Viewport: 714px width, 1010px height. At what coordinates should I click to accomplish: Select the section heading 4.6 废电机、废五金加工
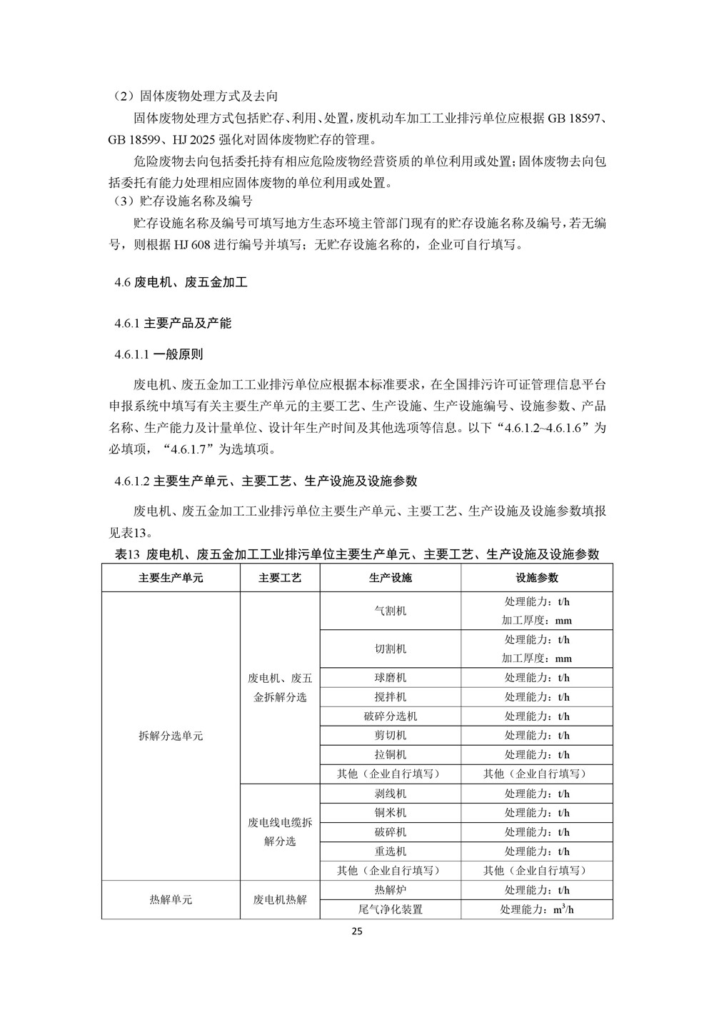click(x=181, y=282)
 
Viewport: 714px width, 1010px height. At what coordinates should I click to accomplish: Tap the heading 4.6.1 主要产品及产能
click(x=173, y=324)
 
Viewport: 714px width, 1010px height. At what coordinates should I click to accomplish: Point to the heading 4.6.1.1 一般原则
click(x=159, y=354)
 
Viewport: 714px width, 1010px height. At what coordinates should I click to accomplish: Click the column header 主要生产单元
click(x=171, y=578)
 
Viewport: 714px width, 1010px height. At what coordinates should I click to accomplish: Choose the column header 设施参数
click(x=537, y=578)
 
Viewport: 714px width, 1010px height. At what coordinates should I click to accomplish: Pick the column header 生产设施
click(x=391, y=578)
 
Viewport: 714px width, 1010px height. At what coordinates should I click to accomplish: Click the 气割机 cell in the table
click(x=391, y=611)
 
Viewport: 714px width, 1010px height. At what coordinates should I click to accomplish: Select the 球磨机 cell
click(x=391, y=678)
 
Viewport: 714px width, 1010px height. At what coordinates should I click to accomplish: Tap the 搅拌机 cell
click(x=391, y=697)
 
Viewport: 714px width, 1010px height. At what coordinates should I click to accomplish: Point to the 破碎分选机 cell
click(x=391, y=716)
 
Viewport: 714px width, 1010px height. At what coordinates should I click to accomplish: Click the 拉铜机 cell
click(x=391, y=755)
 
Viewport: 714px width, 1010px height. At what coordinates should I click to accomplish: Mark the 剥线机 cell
click(x=391, y=794)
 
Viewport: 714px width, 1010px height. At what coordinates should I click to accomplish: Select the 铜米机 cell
click(x=391, y=813)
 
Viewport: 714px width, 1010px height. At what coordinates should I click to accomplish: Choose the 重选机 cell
click(x=391, y=851)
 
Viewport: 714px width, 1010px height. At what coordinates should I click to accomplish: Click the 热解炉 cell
click(x=391, y=890)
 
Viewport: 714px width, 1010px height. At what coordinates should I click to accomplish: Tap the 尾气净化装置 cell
click(x=391, y=909)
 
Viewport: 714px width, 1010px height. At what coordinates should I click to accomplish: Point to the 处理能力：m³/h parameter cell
click(x=537, y=909)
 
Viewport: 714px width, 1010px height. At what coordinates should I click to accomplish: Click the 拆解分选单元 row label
click(x=171, y=736)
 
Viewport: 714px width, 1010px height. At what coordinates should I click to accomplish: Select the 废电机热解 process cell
click(x=280, y=900)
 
